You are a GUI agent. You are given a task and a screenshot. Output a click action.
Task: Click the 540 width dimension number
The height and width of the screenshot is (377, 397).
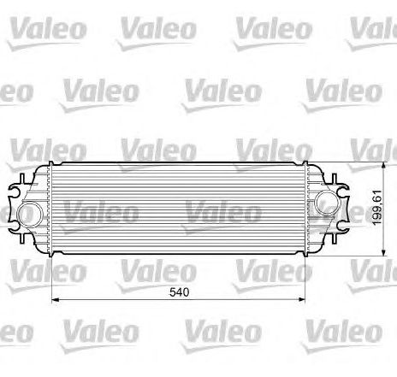click(179, 292)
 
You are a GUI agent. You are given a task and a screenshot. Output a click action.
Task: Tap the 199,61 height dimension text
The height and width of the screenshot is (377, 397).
click(377, 208)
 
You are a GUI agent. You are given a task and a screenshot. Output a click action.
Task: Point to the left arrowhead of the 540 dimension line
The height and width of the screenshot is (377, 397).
click(55, 299)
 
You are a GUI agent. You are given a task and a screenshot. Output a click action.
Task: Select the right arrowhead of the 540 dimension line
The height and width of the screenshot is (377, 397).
click(301, 299)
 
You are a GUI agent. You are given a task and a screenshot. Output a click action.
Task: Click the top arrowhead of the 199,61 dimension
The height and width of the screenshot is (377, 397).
click(383, 167)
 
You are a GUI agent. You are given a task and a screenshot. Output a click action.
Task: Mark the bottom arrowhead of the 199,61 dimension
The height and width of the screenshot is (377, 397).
click(383, 252)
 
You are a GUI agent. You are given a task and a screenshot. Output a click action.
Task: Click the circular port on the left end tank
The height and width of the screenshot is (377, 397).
click(30, 215)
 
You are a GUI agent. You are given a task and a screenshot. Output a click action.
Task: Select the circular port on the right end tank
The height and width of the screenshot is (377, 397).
click(328, 203)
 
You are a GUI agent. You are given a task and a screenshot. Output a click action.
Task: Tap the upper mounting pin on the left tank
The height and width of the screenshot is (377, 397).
click(22, 179)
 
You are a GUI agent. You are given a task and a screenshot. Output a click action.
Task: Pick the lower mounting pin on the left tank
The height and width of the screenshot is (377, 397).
click(22, 237)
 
